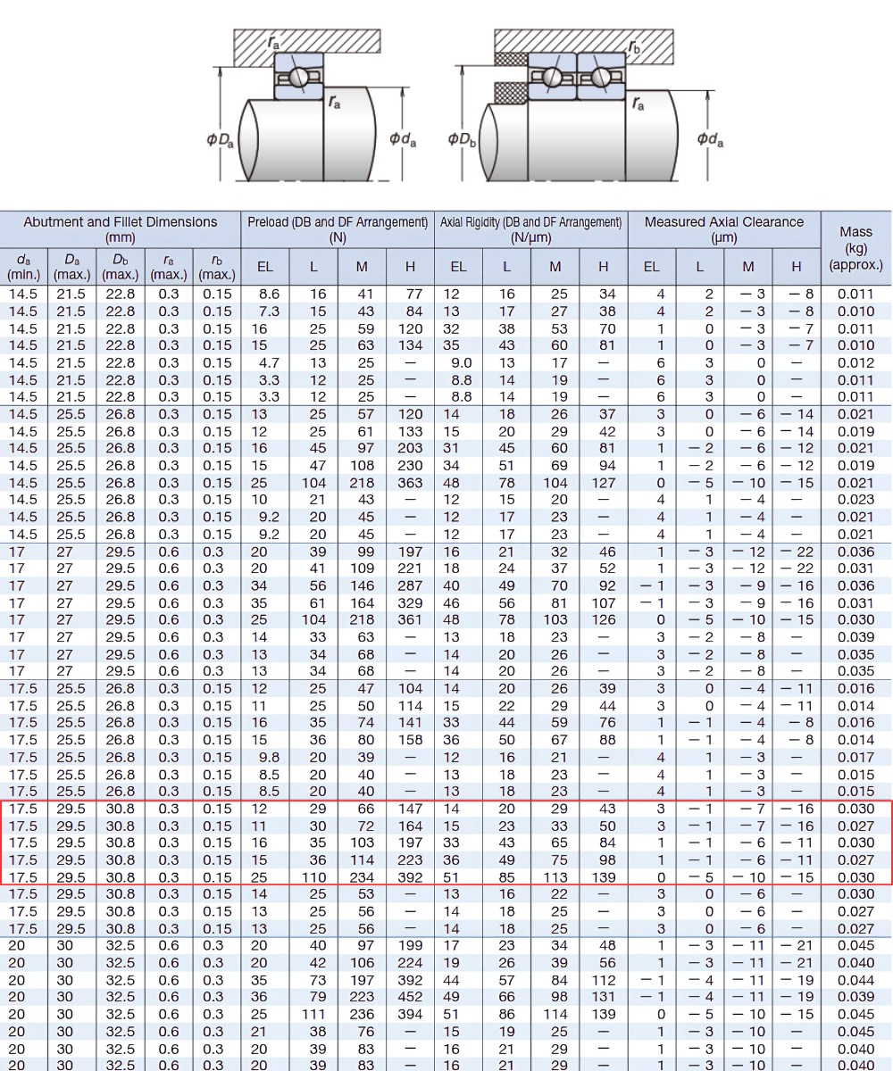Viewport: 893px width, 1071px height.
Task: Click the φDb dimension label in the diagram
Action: pos(462,139)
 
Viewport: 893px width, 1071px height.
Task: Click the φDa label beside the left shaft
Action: pos(220,139)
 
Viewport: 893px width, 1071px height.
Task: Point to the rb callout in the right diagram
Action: pos(634,46)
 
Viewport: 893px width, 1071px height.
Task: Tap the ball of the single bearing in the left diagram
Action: pos(297,78)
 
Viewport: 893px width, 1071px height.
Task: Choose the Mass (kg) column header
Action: pos(855,248)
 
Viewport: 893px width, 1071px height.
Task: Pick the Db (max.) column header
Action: pos(120,267)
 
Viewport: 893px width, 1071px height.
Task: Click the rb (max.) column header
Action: pos(217,267)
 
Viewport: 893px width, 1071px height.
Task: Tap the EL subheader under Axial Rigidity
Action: pos(458,267)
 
